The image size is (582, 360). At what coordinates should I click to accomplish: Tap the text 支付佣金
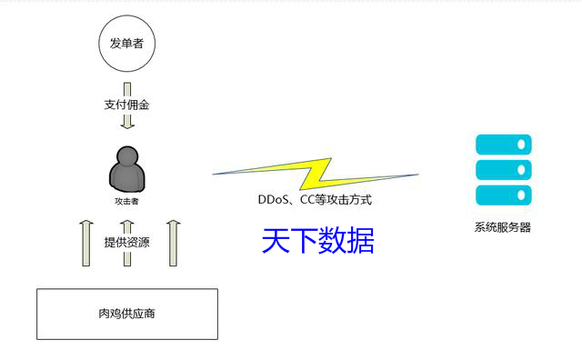tap(126, 105)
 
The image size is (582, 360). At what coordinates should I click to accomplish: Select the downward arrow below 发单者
tap(127, 120)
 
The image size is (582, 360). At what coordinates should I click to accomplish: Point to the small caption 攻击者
tap(126, 201)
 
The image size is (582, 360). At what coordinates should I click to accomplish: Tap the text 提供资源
tap(126, 243)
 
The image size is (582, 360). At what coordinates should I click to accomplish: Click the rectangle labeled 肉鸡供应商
tap(126, 314)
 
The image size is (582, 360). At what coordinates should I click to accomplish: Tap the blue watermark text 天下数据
tap(317, 240)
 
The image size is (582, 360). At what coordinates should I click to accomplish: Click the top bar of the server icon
tap(503, 145)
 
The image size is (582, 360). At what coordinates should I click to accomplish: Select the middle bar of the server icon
tap(503, 170)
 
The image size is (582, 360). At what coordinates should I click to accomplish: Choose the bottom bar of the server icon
tap(503, 195)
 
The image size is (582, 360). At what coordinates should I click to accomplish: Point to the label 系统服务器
tap(502, 228)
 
